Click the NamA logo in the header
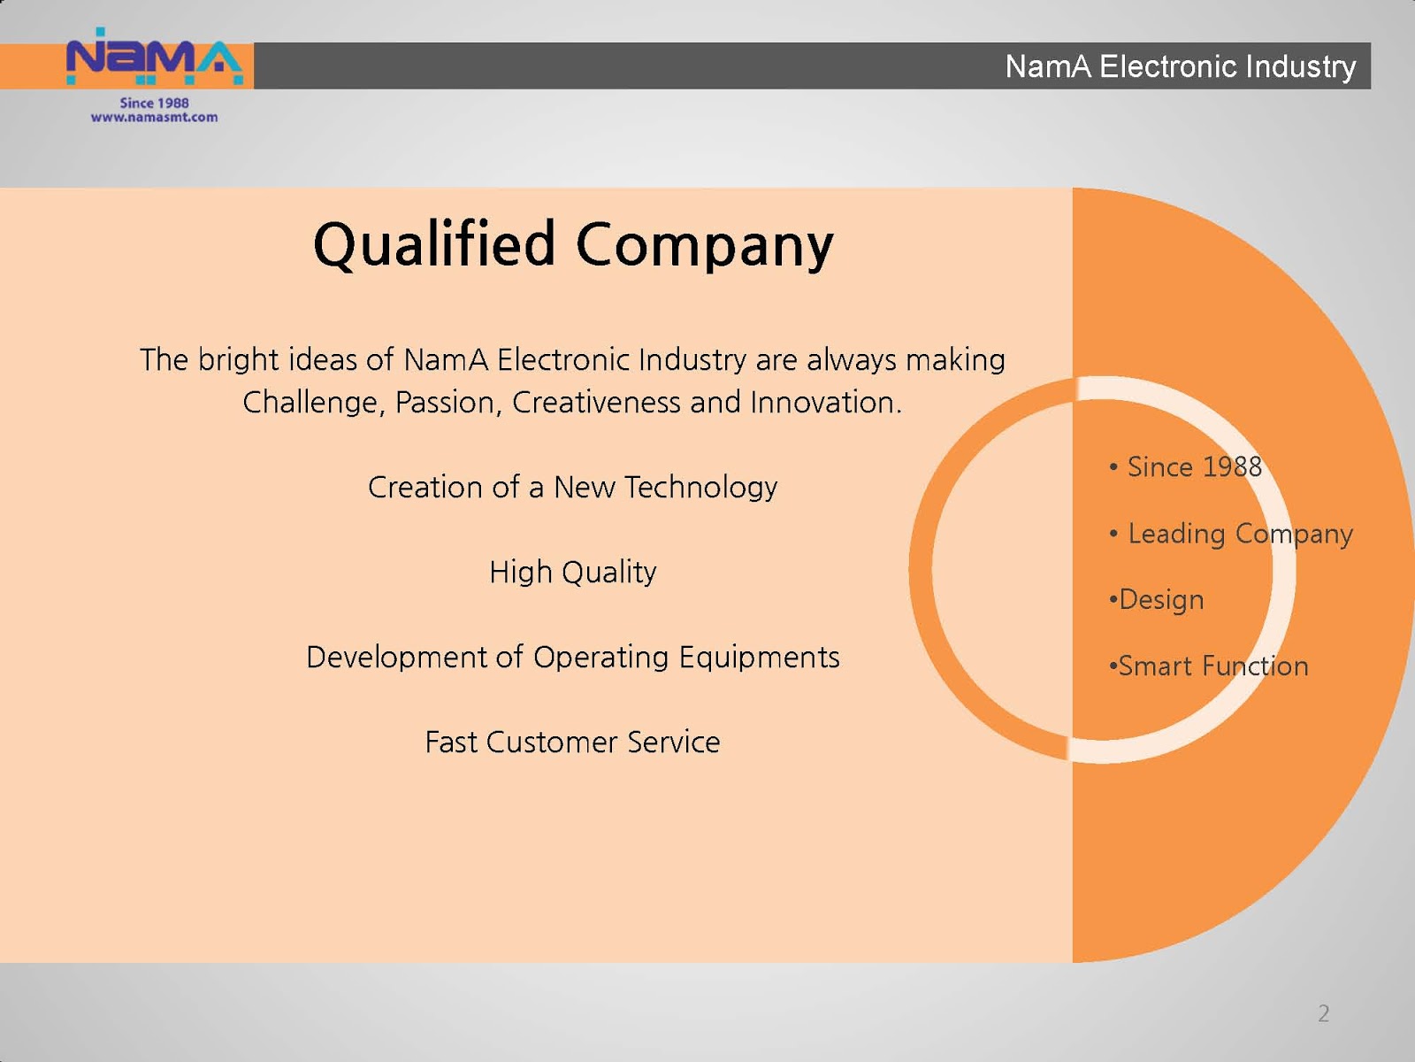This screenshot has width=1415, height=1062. (155, 57)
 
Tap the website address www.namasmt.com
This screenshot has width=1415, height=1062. (154, 118)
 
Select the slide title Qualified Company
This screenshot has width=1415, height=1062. (573, 245)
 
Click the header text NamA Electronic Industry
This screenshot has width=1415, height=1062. (1181, 66)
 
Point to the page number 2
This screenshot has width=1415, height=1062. (1323, 1013)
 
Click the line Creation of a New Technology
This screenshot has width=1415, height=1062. (572, 488)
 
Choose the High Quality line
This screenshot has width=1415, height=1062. (572, 573)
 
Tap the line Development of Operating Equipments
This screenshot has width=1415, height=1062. (572, 658)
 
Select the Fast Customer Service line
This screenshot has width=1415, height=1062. (572, 743)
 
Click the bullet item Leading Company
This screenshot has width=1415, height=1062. (1231, 534)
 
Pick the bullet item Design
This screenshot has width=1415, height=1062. (1157, 600)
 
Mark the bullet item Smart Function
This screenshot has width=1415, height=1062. (1209, 666)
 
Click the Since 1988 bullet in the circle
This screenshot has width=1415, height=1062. (1186, 467)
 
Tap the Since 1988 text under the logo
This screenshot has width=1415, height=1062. (154, 104)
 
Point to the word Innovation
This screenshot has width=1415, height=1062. (826, 403)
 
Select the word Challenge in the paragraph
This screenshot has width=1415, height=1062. (314, 404)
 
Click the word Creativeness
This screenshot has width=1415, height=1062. (596, 403)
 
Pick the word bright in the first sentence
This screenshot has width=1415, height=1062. (239, 360)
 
